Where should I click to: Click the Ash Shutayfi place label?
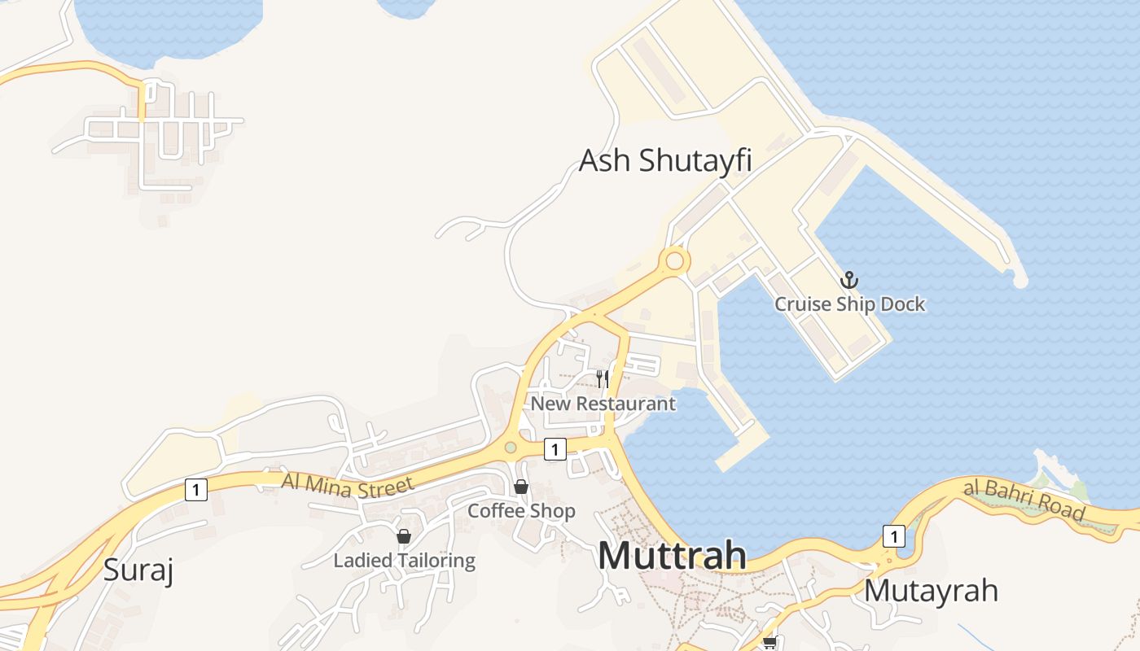664,160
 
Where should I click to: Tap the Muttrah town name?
672,556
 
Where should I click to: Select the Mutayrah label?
930,590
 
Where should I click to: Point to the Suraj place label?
138,570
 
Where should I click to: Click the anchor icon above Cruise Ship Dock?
849,280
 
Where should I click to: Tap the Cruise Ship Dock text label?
849,304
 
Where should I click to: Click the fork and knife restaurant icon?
603,378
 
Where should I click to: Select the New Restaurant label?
603,404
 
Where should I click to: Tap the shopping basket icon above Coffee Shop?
521,487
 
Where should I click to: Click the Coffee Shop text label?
521,511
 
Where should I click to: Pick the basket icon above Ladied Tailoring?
403,536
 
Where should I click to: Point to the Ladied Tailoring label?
404,561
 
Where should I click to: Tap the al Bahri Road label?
1024,498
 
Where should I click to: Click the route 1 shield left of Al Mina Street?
196,490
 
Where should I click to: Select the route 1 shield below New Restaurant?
555,448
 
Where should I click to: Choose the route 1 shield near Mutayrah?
893,536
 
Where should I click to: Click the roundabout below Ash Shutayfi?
674,261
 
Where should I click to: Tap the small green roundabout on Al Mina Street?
511,447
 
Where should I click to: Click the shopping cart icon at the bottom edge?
769,643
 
